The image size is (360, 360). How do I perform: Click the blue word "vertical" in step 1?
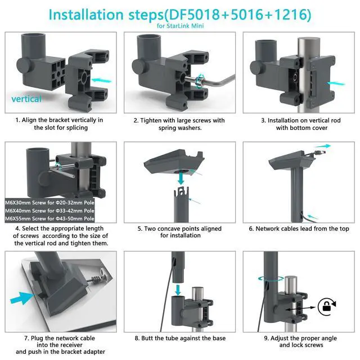26,99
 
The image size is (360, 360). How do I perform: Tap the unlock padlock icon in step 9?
326,307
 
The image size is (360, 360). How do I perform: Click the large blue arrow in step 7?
22,298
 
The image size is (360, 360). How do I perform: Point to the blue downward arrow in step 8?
178,290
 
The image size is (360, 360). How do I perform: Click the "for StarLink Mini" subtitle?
180,26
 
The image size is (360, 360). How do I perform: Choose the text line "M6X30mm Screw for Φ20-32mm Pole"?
49,202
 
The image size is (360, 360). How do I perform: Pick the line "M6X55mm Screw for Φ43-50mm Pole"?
49,219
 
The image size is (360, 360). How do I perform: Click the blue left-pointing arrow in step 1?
101,80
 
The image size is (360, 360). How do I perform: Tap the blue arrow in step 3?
336,83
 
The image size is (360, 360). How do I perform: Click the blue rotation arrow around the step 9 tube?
271,279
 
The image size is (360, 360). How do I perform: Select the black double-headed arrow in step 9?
300,309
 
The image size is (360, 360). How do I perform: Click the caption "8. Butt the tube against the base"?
180,338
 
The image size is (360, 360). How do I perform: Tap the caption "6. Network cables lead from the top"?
299,229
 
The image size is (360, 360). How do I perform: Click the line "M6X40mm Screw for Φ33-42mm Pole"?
49,211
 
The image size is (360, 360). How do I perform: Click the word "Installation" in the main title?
86,14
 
